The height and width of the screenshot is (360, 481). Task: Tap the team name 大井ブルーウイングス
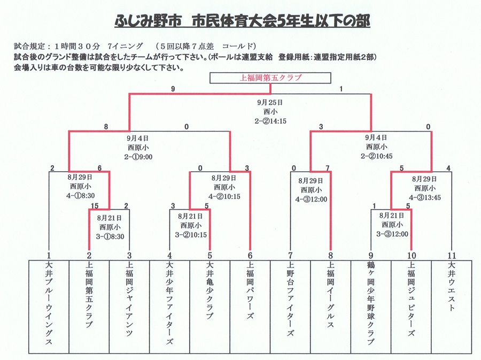49,304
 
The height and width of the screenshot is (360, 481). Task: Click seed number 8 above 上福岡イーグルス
331,255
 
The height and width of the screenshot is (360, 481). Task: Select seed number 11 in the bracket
452,255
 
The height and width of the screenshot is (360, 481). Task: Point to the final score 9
173,90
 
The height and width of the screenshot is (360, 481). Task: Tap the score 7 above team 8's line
328,168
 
